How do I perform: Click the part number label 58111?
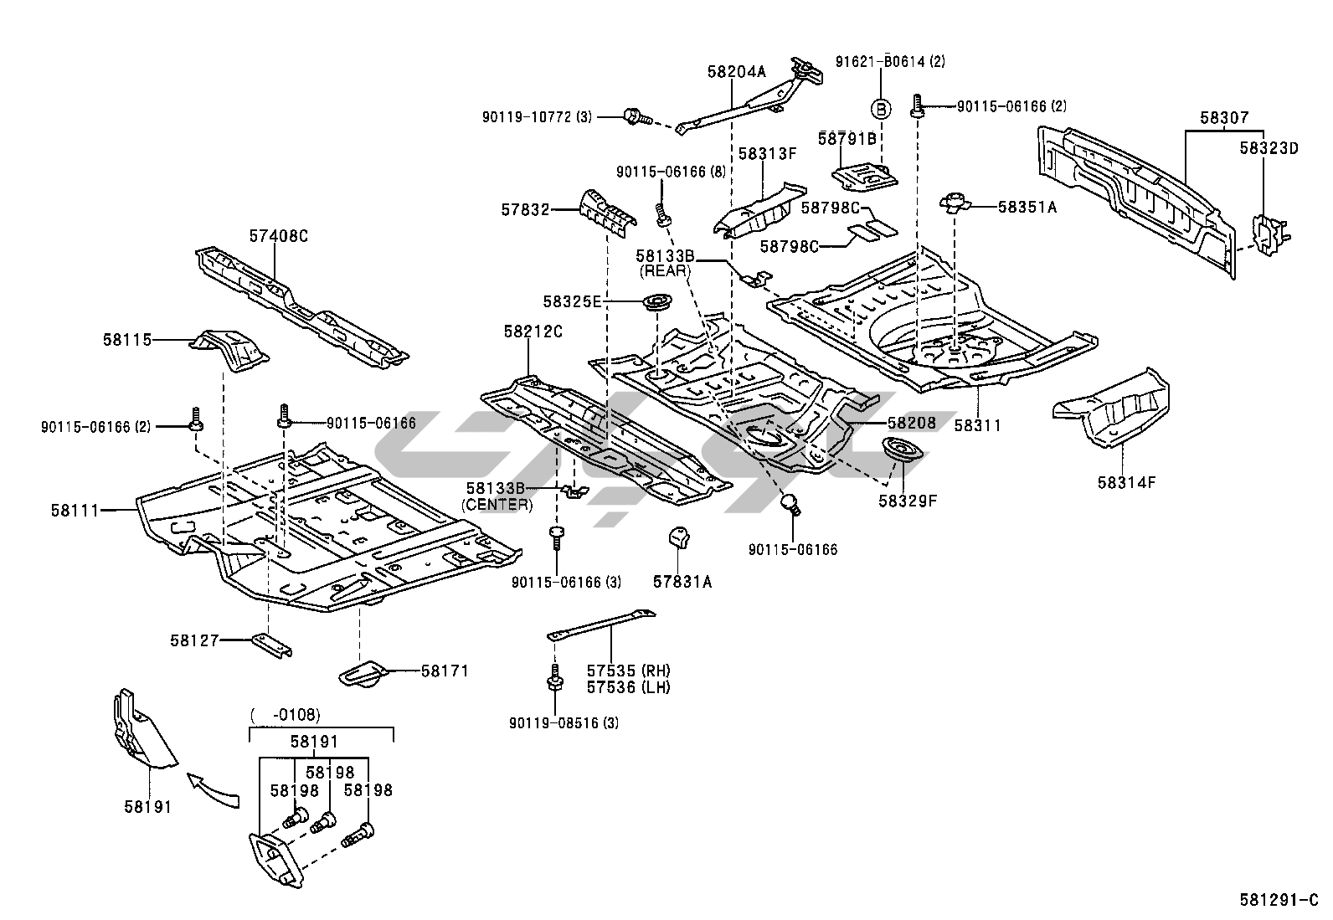[75, 511]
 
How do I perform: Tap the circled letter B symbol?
[881, 109]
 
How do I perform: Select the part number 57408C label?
[279, 236]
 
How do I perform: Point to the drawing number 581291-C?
[1279, 901]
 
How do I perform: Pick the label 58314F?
[1126, 483]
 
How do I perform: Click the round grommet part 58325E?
[657, 301]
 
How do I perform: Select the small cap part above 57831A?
[677, 537]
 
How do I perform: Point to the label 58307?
[1223, 118]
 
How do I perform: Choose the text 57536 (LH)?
[629, 687]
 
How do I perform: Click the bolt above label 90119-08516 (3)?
[554, 678]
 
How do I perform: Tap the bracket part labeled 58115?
[229, 350]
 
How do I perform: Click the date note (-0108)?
[286, 714]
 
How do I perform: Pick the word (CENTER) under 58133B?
[497, 505]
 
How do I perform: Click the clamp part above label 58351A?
[955, 203]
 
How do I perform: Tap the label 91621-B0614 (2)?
[890, 62]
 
